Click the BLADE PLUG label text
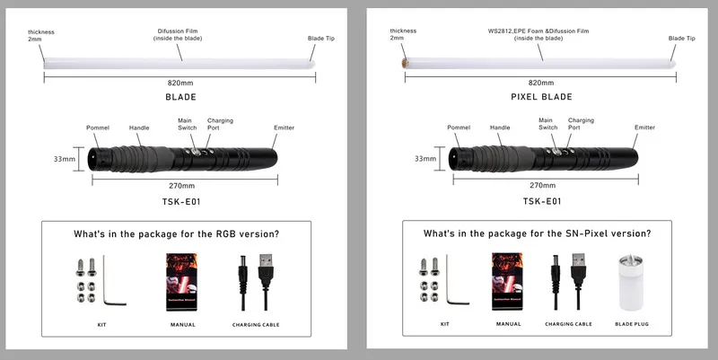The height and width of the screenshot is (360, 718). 632,324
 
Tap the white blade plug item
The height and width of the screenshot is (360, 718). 631,282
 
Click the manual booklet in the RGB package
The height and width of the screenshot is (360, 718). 181,282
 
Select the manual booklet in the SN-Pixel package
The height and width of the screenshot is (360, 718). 507,281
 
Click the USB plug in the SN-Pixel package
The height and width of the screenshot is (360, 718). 579,270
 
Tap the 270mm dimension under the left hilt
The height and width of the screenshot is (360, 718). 182,186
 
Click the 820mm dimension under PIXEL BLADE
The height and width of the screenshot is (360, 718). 541,83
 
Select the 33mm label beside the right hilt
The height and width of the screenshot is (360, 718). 425,159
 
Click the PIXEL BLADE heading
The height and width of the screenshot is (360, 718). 541,97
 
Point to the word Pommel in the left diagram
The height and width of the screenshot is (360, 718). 98,127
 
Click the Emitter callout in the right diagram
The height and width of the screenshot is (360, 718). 644,127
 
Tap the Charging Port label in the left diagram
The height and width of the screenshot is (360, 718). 220,124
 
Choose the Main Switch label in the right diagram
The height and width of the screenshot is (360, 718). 547,124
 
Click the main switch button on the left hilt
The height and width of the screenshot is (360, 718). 196,152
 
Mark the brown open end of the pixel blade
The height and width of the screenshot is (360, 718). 404,63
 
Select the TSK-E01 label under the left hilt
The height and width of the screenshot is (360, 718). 181,201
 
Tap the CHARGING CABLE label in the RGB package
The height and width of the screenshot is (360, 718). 256,325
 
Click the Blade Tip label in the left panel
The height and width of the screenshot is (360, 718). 321,39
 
